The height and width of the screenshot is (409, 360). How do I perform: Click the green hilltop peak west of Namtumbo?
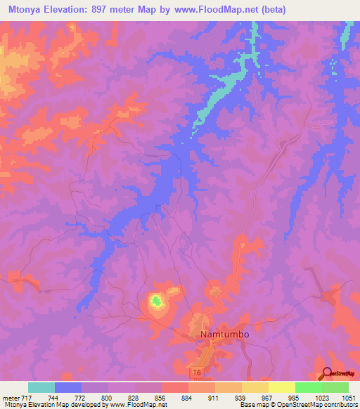(x=156, y=302)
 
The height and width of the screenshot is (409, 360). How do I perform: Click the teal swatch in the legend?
(x=41, y=387)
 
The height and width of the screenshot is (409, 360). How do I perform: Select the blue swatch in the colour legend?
(x=68, y=387)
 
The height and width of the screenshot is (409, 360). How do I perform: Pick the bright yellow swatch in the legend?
(x=281, y=387)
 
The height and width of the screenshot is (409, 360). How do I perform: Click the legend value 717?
(x=27, y=398)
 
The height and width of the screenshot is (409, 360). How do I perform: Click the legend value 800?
(x=105, y=398)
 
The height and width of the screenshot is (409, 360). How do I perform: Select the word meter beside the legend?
(x=11, y=398)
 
